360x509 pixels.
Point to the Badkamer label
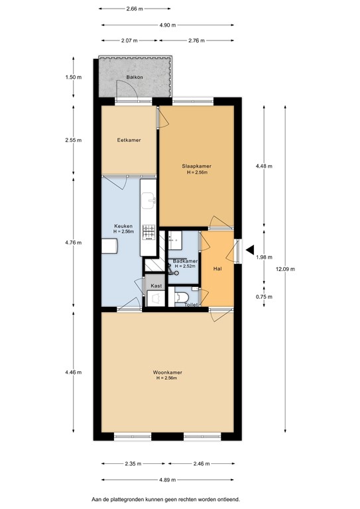185,261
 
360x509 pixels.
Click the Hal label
217,269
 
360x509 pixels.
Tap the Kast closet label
156,286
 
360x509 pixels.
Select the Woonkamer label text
168,372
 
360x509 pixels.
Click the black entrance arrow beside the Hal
251,250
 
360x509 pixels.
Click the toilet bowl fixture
180,298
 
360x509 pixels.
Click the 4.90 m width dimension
168,25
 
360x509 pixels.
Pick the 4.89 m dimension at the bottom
168,479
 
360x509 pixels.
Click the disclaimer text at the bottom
166,498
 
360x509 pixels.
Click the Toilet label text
191,304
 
